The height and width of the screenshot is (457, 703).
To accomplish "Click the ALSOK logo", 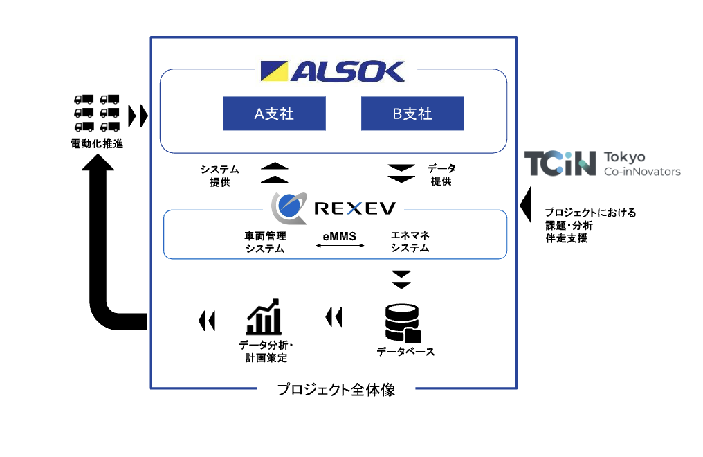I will click(333, 72).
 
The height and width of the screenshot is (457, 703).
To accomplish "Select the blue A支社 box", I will click(274, 114).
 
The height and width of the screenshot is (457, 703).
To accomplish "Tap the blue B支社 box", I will click(412, 114).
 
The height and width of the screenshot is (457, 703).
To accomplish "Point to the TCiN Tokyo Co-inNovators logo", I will click(602, 164).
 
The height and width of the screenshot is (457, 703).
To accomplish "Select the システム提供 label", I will click(219, 175).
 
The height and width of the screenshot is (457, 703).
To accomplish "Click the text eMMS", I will click(340, 236).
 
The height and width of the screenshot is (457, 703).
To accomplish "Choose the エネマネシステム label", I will click(411, 242).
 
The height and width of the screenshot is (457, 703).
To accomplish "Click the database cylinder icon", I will click(403, 323).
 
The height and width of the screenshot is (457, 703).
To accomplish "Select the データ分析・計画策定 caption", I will click(264, 351).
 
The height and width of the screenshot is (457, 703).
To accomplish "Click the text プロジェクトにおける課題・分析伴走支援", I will click(590, 226).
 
